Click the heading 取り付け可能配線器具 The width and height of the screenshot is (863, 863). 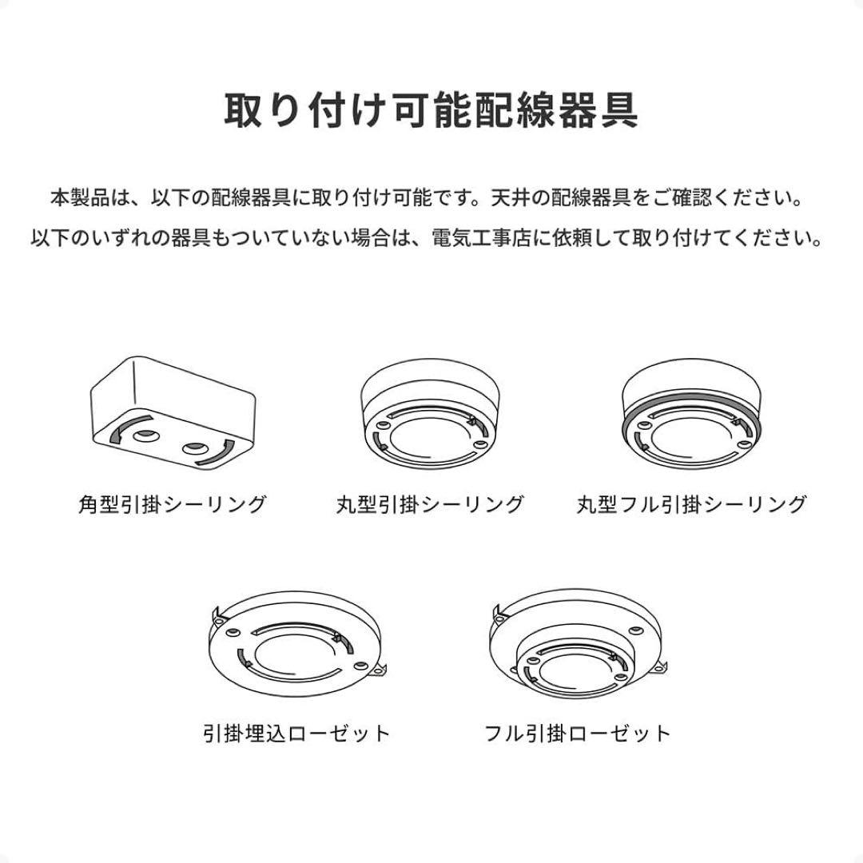click(431, 111)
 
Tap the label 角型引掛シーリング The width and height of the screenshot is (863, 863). click(172, 504)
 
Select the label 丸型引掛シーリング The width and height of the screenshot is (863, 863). click(430, 504)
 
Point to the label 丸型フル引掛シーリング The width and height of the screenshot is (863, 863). click(691, 504)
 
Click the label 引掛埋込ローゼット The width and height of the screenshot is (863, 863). click(296, 733)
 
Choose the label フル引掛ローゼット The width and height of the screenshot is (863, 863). click(578, 733)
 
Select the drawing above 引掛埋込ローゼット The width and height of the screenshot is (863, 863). click(296, 643)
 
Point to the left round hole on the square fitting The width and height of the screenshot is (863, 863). click(145, 436)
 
